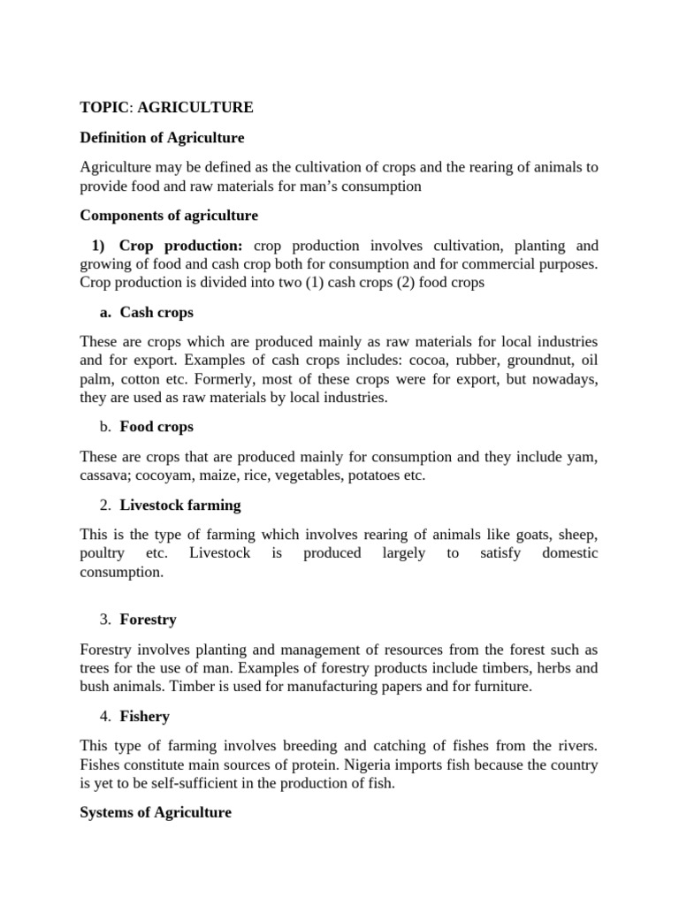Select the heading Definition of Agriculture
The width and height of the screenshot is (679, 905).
162,138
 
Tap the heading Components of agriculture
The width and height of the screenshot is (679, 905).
169,216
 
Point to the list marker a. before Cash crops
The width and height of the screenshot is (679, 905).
104,312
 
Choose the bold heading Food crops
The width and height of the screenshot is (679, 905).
156,427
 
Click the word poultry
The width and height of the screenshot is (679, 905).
102,553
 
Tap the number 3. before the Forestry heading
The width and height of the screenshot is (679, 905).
104,620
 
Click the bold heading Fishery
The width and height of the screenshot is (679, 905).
144,717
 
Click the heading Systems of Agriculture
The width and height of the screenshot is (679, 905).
156,812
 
